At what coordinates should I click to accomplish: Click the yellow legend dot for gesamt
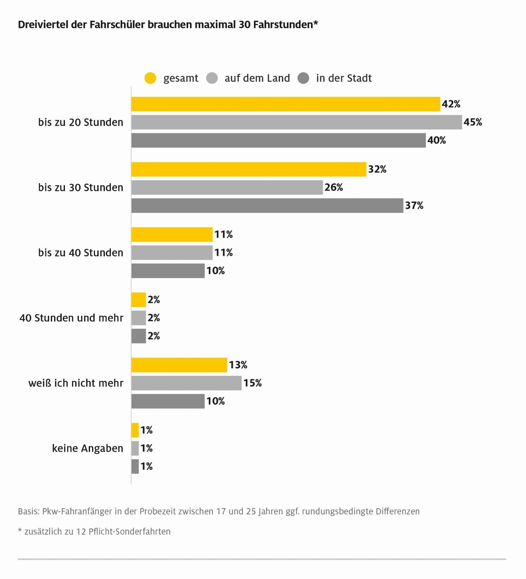pyautogui.click(x=150, y=78)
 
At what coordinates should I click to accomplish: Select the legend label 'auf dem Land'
pyautogui.click(x=257, y=78)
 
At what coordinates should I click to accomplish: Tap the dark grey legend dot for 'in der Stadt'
pyautogui.click(x=303, y=78)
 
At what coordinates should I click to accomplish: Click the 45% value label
pyautogui.click(x=473, y=122)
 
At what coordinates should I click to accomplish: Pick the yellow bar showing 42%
pyautogui.click(x=286, y=104)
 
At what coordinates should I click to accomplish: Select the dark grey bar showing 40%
pyautogui.click(x=278, y=140)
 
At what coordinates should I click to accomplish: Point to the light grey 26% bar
pyautogui.click(x=227, y=188)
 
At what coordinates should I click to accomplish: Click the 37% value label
pyautogui.click(x=414, y=205)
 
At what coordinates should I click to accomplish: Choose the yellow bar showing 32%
pyautogui.click(x=249, y=170)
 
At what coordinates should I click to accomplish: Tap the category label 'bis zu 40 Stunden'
pyautogui.click(x=81, y=253)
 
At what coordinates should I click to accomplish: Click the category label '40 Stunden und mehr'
pyautogui.click(x=71, y=318)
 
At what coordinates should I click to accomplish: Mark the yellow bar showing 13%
pyautogui.click(x=179, y=365)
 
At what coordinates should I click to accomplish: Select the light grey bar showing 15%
pyautogui.click(x=186, y=383)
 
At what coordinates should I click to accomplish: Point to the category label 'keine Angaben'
pyautogui.click(x=88, y=448)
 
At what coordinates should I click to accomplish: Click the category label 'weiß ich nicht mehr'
pyautogui.click(x=76, y=383)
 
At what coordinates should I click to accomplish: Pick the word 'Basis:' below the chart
pyautogui.click(x=29, y=511)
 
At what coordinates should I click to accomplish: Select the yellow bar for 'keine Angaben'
pyautogui.click(x=135, y=430)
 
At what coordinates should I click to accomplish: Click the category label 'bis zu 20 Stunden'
pyautogui.click(x=81, y=122)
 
